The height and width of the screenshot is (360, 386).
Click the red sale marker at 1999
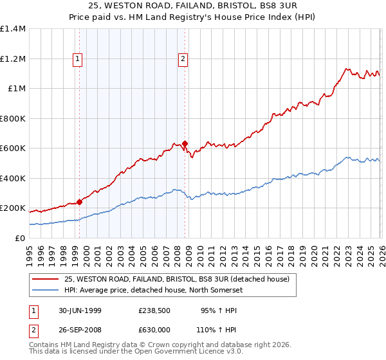(80, 202)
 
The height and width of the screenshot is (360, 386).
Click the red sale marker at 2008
(185, 144)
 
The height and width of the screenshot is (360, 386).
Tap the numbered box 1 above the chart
(78, 59)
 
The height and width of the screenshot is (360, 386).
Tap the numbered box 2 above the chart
(183, 59)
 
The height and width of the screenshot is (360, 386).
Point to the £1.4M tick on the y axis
(13, 30)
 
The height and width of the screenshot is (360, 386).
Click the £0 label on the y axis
(19, 238)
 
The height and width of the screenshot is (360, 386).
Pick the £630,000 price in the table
(155, 329)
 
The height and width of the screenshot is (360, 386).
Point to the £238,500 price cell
(155, 310)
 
